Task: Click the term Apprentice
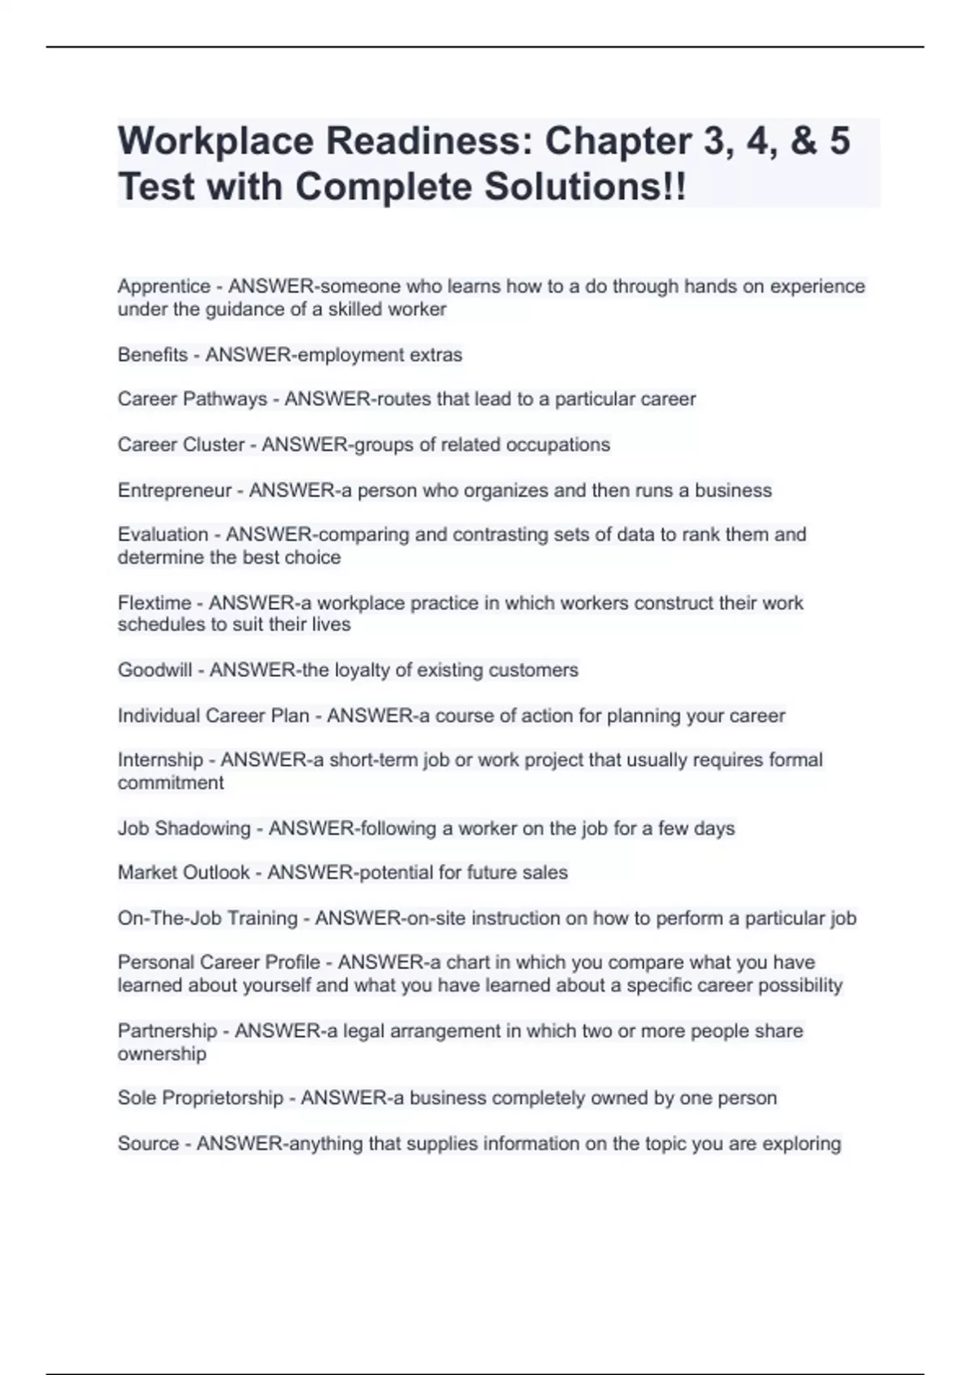click(x=163, y=286)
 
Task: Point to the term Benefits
click(x=152, y=354)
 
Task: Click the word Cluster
click(x=214, y=444)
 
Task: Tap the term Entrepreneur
click(x=174, y=490)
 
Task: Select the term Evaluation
click(x=163, y=535)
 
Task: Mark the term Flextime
click(x=154, y=603)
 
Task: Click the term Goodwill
click(x=155, y=670)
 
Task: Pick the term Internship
click(x=160, y=759)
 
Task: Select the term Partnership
click(x=167, y=1030)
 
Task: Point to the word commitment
click(x=170, y=782)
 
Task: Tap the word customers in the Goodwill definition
click(x=539, y=670)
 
